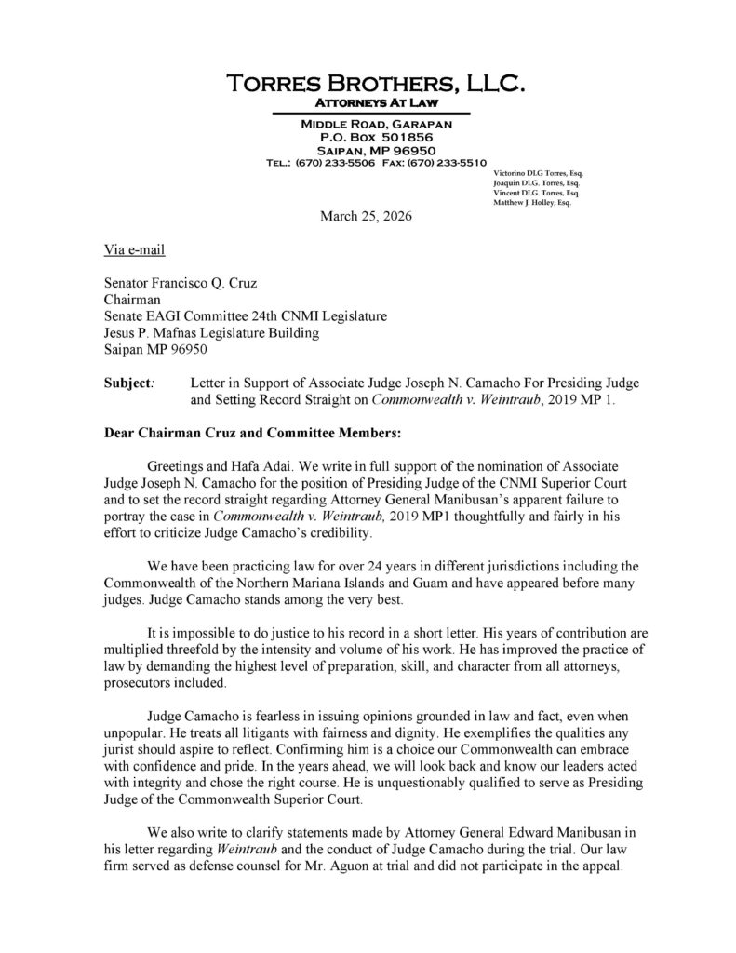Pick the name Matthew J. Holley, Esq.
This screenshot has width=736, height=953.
[x=531, y=203]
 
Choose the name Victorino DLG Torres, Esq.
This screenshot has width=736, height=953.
[x=537, y=174]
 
